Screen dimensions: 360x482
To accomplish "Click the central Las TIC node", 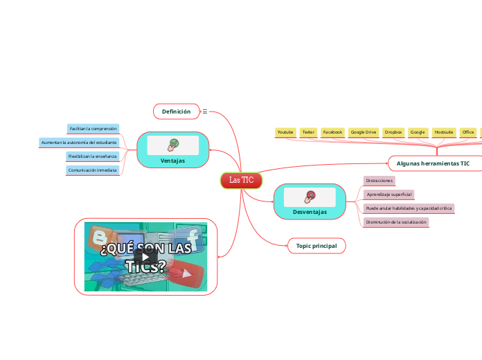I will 241,180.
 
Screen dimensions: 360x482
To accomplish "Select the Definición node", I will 176,111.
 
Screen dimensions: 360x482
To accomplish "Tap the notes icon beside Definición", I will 204,111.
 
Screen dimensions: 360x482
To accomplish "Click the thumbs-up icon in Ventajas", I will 172,145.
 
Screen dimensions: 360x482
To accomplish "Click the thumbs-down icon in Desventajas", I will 310,196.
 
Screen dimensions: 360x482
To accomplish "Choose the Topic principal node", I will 316,246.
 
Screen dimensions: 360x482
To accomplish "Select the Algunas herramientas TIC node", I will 433,163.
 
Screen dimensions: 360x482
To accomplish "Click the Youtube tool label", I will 285,132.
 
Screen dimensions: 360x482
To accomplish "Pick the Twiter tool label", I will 308,132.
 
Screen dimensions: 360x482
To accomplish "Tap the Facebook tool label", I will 333,132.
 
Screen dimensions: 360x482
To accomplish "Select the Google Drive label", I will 363,132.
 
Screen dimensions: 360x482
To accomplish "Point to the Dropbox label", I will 393,132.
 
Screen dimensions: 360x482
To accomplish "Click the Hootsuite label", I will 443,132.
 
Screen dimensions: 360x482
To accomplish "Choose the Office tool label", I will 468,132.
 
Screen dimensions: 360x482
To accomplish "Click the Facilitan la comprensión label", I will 93,129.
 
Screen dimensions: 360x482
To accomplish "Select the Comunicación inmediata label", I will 92,170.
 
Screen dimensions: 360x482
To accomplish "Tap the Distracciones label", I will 380,181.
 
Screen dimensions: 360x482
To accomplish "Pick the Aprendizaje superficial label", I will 389,195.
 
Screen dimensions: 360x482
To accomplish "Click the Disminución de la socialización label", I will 395,222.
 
